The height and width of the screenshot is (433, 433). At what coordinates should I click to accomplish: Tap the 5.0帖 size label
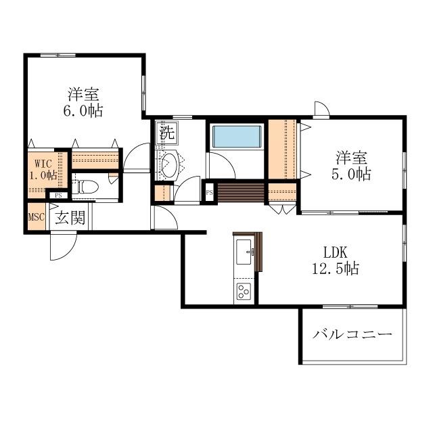[352, 175]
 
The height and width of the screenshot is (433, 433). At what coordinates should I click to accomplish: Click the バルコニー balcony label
[352, 335]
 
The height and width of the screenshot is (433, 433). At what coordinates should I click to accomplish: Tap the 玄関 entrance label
[70, 218]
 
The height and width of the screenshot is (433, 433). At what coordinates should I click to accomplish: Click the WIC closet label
[37, 163]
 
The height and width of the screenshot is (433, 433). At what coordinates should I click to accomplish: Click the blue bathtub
[237, 137]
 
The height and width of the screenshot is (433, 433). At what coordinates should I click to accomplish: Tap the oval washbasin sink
[168, 164]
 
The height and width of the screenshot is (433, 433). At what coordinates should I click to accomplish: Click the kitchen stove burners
[243, 292]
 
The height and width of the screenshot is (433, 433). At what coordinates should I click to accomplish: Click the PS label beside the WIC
[58, 196]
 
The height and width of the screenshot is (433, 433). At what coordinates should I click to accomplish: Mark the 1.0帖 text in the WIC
[41, 175]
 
